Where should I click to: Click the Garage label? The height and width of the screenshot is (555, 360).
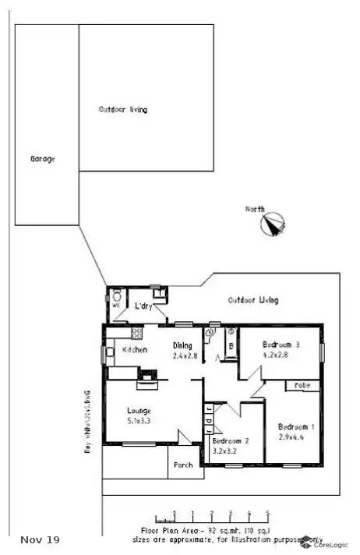pyautogui.click(x=42, y=159)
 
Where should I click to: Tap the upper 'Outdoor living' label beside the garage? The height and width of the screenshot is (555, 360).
pyautogui.click(x=123, y=110)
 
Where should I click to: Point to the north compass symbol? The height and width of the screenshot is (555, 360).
pyautogui.click(x=273, y=224)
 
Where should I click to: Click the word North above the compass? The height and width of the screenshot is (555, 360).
pyautogui.click(x=255, y=208)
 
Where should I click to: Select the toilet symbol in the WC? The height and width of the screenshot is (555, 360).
pyautogui.click(x=115, y=297)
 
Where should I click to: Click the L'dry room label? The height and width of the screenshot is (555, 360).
pyautogui.click(x=143, y=306)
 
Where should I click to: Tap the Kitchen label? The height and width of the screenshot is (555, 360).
pyautogui.click(x=135, y=350)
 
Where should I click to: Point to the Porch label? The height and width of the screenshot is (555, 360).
pyautogui.click(x=183, y=465)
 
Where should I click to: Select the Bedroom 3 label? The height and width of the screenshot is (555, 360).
pyautogui.click(x=281, y=345)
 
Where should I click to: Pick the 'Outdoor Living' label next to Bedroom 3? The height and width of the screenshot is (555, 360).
pyautogui.click(x=253, y=300)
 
